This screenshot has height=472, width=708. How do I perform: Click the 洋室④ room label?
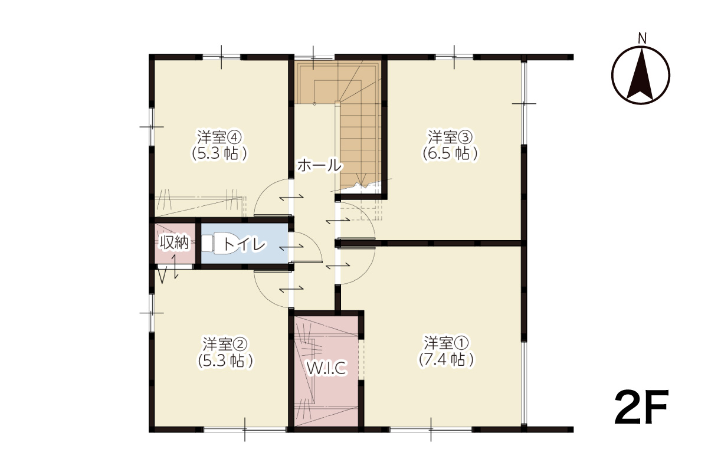[x=219, y=137]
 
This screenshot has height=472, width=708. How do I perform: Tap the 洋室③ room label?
[x=450, y=137]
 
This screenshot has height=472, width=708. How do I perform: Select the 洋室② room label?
[x=225, y=345]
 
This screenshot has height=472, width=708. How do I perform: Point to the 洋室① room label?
[x=446, y=343]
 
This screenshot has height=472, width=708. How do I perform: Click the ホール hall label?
[x=320, y=165]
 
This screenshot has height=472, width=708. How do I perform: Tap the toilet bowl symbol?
[x=219, y=244]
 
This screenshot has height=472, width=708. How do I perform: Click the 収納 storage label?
[x=174, y=243]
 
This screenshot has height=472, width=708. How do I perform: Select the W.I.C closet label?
[x=327, y=368]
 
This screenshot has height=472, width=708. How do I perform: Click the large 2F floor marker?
[x=641, y=407]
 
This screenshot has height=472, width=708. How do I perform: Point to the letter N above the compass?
[x=642, y=38]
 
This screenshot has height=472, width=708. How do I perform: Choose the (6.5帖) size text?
[x=450, y=154]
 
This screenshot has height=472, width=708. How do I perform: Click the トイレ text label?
[x=244, y=244]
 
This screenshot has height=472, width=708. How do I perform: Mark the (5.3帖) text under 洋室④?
[x=219, y=154]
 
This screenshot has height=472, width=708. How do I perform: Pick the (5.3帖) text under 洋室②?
[x=225, y=361]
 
